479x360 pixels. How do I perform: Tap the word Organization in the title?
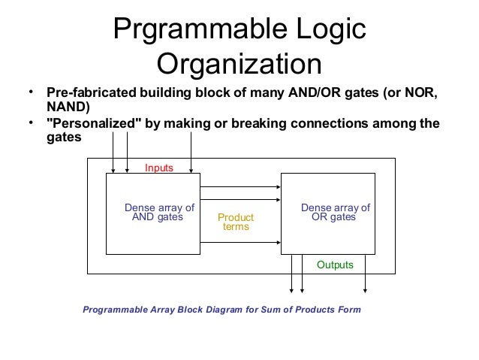239,64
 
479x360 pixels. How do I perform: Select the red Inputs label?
159,169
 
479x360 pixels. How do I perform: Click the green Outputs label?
334,265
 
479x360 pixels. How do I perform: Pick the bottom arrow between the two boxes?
240,241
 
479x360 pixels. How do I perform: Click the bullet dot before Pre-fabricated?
31,93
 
